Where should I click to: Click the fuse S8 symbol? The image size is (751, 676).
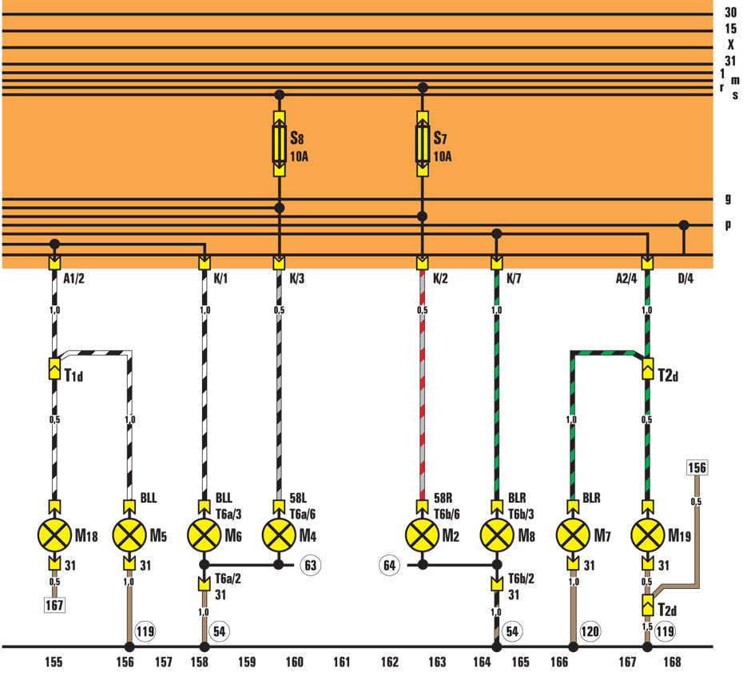pos(280,144)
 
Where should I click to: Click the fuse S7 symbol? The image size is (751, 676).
pos(423,144)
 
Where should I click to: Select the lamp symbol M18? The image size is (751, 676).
pos(54,535)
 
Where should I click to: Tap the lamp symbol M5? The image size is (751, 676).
pos(129,535)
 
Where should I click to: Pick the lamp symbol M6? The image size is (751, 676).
pos(205,535)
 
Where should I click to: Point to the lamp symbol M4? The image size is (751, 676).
pos(280,535)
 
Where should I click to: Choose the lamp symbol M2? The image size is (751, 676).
pos(423,535)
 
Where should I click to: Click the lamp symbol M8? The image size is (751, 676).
pos(497,535)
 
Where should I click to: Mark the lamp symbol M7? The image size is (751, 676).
pos(573,535)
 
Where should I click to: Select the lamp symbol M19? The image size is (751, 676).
pos(648,535)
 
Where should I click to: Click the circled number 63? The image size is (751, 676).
pos(310,565)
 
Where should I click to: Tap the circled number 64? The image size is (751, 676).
pos(389,565)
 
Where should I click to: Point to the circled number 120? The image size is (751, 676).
pos(590,631)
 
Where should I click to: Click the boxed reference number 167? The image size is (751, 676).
pos(54,605)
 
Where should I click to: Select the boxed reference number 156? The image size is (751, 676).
pos(697,467)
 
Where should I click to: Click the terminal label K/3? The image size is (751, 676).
pos(297,278)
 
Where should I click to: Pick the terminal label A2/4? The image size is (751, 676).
pos(626,278)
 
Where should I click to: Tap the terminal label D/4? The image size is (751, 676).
pos(685,278)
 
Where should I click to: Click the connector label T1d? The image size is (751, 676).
pos(74,375)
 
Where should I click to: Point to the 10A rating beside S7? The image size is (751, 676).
pos(443,156)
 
